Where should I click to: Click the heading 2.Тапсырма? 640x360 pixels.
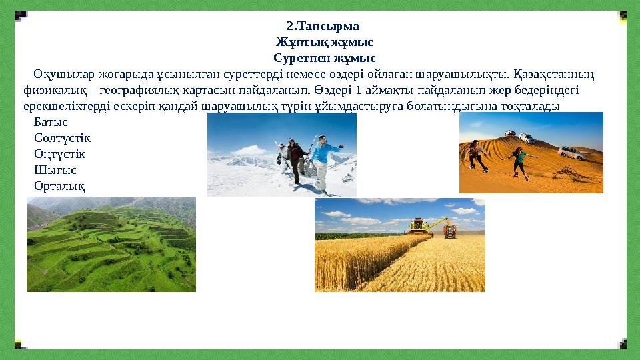coord(323,27)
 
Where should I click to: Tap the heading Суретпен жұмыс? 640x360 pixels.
coord(324,58)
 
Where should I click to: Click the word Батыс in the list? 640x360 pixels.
coord(51,123)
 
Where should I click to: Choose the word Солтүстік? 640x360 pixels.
coord(62,138)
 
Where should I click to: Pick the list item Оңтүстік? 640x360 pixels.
coord(60,153)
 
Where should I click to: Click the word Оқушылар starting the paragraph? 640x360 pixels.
coord(61,73)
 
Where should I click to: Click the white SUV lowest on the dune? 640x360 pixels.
coord(571,153)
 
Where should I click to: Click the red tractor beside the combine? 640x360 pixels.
coord(450,231)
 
